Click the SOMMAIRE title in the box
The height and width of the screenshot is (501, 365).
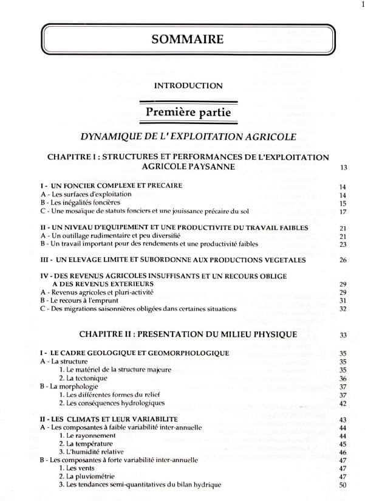click(188, 40)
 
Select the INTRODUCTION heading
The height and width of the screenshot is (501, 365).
click(188, 86)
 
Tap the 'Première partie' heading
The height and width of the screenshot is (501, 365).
click(188, 112)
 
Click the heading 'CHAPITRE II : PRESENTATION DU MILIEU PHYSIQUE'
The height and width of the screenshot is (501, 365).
click(188, 334)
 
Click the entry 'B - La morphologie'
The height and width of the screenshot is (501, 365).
click(67, 387)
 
